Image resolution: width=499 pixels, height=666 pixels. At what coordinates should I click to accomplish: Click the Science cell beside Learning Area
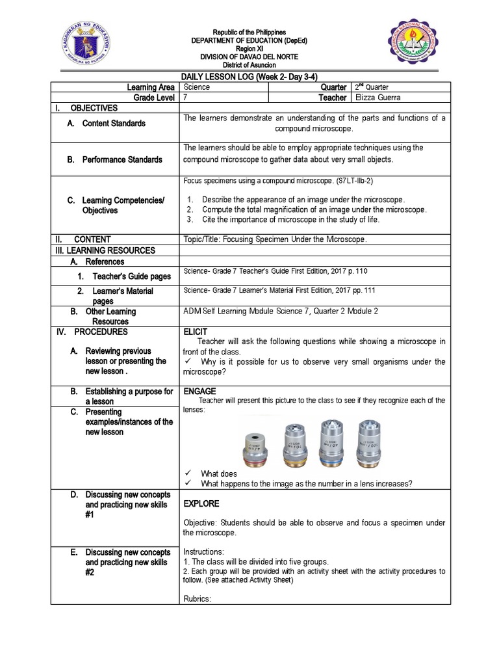[x=197, y=87]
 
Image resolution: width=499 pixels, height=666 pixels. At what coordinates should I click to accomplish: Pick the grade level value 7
[x=186, y=98]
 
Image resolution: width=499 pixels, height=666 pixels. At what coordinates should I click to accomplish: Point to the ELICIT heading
[x=196, y=332]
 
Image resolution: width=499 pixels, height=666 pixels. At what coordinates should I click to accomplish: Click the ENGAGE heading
[x=198, y=392]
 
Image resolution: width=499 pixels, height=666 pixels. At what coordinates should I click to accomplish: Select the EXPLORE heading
[x=201, y=503]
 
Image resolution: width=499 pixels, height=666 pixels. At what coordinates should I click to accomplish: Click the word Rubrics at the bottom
[x=198, y=599]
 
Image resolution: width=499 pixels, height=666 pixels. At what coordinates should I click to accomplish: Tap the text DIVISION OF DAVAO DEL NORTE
[x=249, y=57]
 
